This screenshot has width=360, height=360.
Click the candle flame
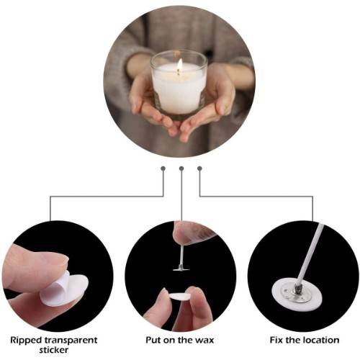(x=180, y=65)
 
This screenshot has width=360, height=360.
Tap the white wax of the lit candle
(x=179, y=89)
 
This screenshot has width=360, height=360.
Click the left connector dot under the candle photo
(x=163, y=168)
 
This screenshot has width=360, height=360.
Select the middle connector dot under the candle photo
(x=181, y=168)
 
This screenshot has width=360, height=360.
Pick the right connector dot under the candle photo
(x=199, y=168)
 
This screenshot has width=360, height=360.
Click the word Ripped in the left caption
(x=26, y=341)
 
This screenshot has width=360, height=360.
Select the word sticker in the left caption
(x=54, y=350)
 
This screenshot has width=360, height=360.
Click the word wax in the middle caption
(x=204, y=341)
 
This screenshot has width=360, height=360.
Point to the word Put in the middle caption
(x=153, y=340)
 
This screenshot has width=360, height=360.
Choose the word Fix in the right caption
(x=276, y=340)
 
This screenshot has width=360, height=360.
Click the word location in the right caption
(x=321, y=340)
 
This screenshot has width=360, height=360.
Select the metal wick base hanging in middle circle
(x=181, y=269)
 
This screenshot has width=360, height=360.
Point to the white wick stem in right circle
(x=310, y=254)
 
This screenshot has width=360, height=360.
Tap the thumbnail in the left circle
(x=63, y=260)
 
